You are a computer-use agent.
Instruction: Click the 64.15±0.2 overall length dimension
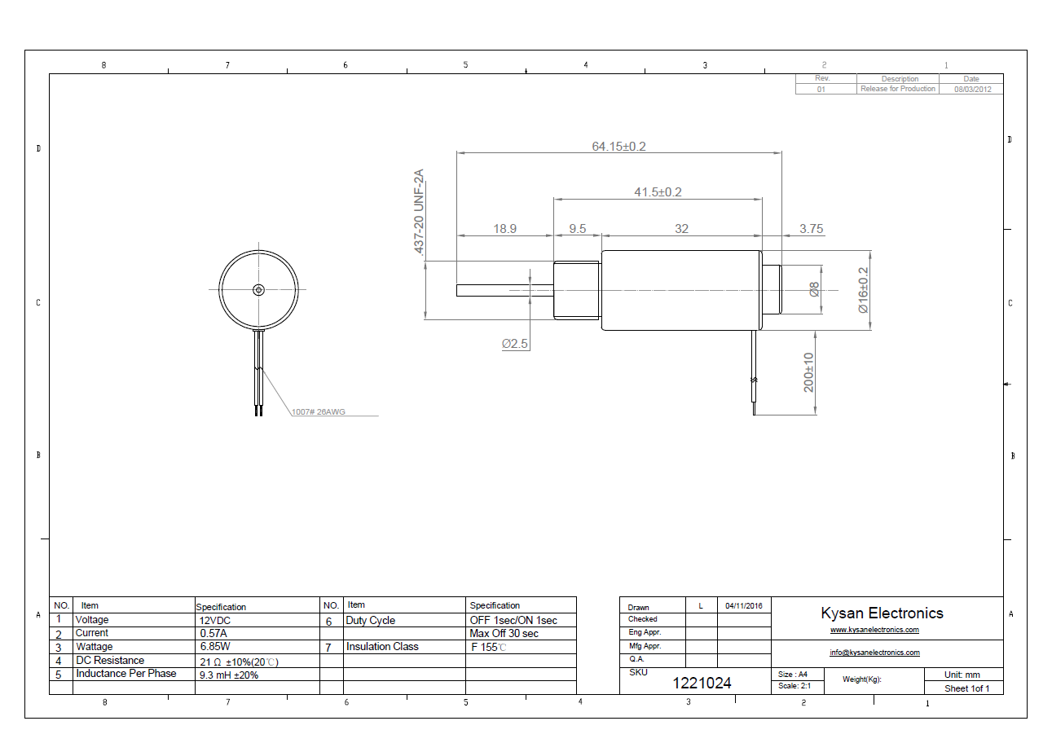point(618,147)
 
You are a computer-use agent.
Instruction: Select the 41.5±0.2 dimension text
point(658,192)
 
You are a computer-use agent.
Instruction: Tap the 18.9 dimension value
point(504,229)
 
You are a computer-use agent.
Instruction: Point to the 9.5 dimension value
point(577,229)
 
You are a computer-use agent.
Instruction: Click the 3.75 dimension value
point(811,229)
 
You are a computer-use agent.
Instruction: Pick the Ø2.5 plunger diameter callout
point(515,345)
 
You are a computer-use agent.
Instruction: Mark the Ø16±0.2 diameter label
point(863,291)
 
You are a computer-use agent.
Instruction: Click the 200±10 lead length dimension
point(809,372)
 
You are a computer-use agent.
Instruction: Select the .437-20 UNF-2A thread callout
point(419,213)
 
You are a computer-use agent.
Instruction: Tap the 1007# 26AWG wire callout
point(319,412)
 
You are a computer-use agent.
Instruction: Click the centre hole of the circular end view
point(258,289)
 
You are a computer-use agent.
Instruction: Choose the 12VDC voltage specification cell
point(216,620)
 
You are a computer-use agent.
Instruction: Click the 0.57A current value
point(213,633)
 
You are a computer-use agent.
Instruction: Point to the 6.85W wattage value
point(214,647)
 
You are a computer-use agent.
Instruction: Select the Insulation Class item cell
point(382,647)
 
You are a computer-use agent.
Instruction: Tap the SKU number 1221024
point(702,684)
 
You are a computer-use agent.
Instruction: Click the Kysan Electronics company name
point(882,613)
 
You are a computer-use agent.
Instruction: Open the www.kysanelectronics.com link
point(874,630)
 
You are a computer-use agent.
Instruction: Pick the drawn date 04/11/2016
point(743,606)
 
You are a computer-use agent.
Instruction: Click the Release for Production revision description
point(897,89)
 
